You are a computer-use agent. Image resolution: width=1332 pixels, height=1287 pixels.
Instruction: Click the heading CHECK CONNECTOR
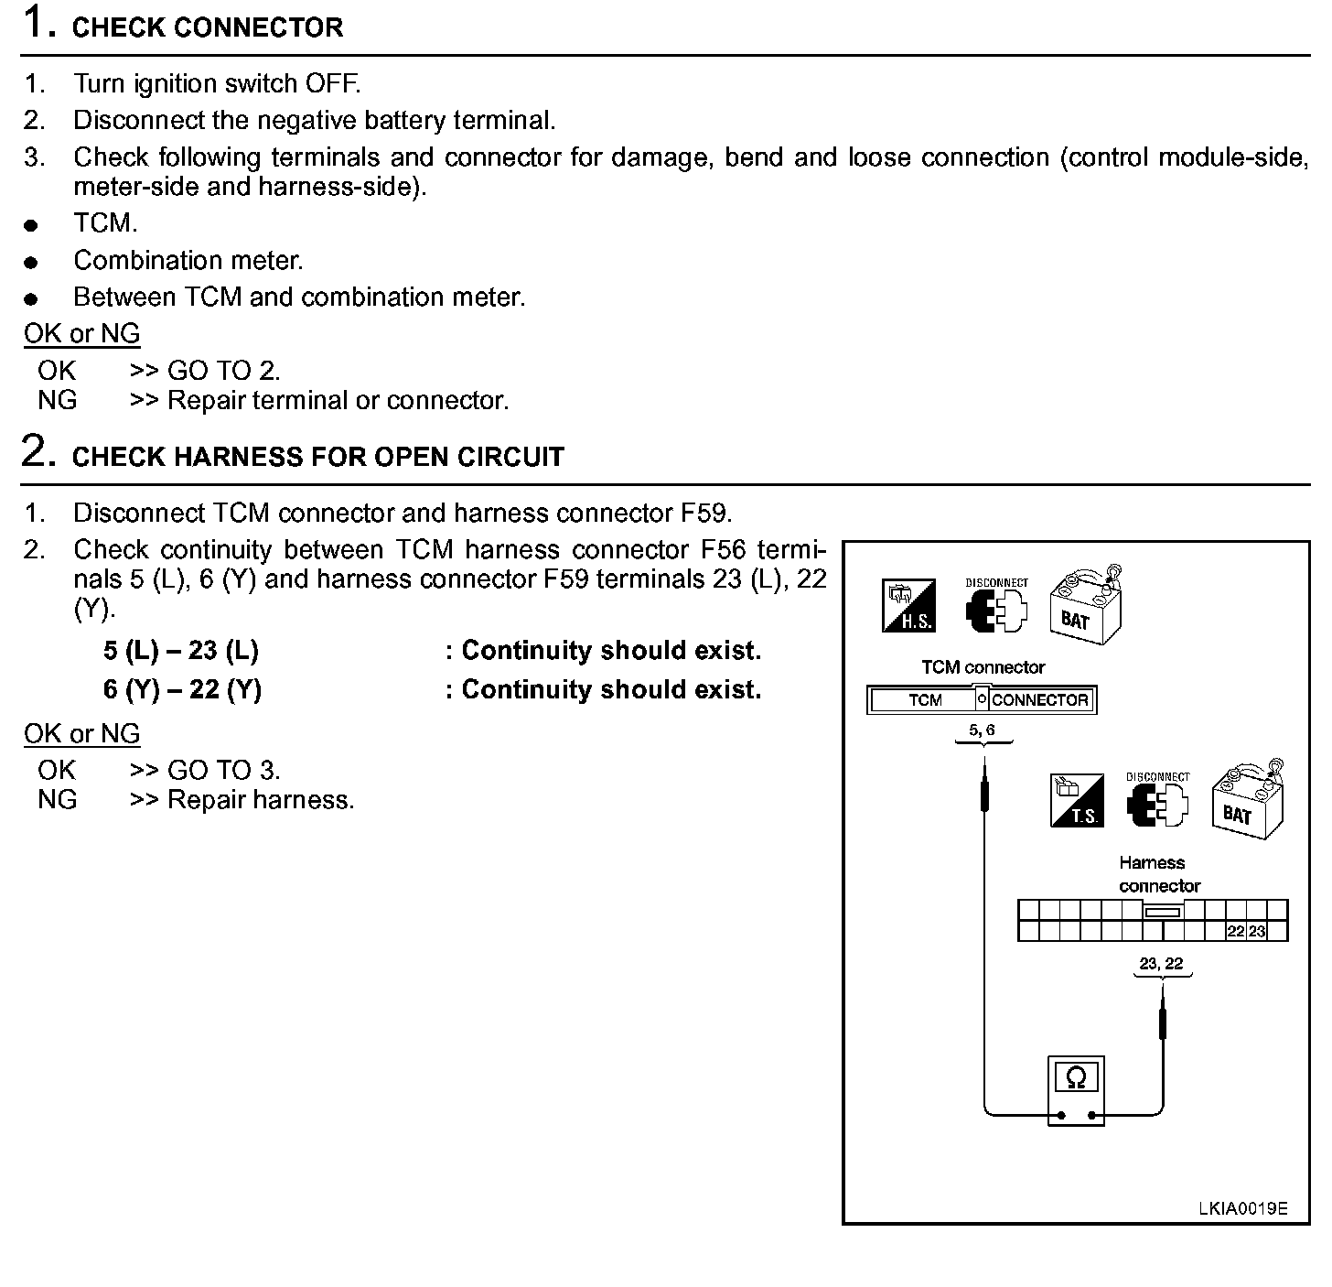(207, 27)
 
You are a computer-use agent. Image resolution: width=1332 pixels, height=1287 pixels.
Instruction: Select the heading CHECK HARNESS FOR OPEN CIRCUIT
(317, 457)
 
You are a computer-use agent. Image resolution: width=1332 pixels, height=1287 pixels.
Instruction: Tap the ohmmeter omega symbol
(1076, 1077)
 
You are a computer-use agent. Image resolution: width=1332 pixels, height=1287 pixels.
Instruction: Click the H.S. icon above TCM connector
(908, 606)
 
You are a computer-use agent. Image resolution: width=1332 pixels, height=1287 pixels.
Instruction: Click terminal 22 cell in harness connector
(1236, 932)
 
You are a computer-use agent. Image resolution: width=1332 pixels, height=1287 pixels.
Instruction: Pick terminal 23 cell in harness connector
(1257, 932)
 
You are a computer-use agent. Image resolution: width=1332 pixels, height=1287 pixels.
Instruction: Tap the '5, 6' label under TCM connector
(982, 730)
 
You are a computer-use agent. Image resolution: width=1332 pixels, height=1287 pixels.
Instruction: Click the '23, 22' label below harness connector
(1161, 963)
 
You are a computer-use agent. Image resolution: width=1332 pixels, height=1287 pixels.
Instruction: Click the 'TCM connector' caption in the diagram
(983, 667)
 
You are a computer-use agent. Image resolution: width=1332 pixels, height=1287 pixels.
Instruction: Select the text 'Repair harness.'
(261, 800)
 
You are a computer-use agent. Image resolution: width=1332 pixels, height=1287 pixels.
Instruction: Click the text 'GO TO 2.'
(223, 371)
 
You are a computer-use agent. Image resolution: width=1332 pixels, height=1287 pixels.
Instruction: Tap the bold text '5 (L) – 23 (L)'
(181, 651)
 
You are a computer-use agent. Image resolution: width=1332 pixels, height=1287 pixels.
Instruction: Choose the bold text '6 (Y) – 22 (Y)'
(182, 689)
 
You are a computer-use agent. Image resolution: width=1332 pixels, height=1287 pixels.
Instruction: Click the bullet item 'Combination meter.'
(188, 261)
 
